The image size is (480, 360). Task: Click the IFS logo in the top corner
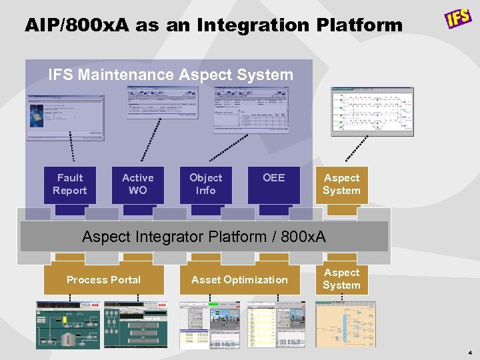tap(459, 18)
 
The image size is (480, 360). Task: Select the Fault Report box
tap(70, 185)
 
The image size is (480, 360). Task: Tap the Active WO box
tap(138, 185)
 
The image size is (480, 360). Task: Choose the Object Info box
tap(206, 185)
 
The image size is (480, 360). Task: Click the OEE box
tap(273, 185)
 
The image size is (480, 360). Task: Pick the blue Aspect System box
tap(341, 185)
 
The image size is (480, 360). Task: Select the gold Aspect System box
tap(341, 279)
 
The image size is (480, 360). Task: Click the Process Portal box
tap(104, 280)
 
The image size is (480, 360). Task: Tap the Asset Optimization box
tap(239, 280)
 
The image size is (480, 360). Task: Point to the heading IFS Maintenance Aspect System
tap(171, 75)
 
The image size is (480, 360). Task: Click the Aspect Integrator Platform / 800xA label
tap(203, 237)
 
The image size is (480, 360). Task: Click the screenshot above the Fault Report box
tap(65, 118)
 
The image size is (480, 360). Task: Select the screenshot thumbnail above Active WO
tap(162, 103)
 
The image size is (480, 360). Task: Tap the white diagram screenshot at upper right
tap(372, 111)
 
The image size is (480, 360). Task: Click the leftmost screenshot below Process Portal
tap(69, 325)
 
